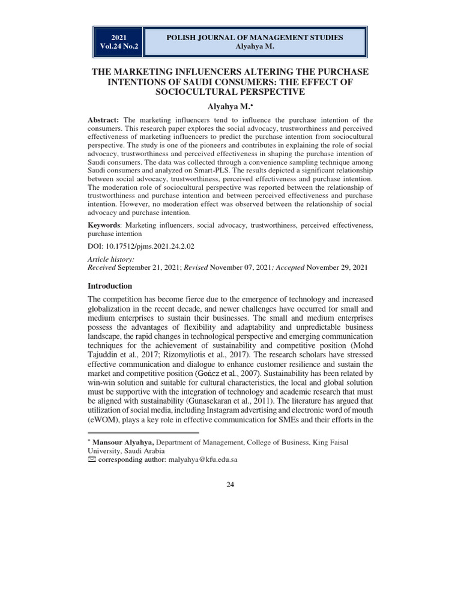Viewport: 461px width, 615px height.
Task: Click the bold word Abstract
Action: [x=104, y=120]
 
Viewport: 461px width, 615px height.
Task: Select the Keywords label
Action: [x=106, y=225]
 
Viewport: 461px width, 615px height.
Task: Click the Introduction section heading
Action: [x=110, y=286]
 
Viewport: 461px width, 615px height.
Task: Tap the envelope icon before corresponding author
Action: [x=92, y=459]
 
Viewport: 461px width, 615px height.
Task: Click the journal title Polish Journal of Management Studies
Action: [x=255, y=38]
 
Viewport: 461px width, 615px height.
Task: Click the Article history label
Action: [x=111, y=258]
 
